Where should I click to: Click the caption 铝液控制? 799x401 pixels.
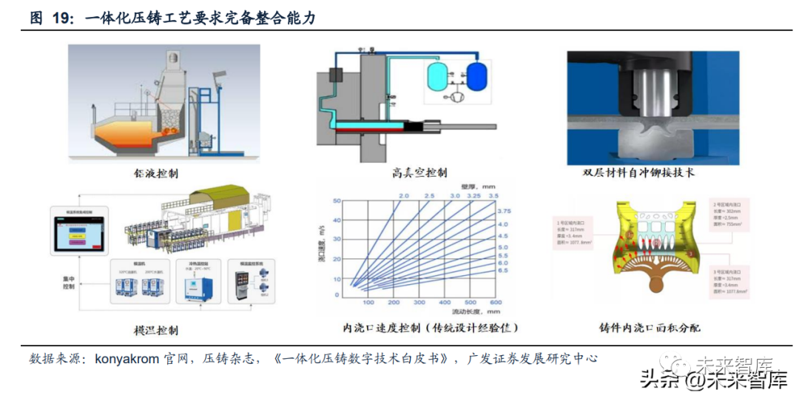pos(154,173)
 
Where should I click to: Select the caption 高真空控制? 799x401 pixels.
pos(419,172)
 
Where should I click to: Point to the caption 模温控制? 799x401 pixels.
pos(154,329)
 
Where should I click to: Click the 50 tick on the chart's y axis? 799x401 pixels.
pos(337,200)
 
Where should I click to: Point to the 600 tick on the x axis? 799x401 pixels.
pos(496,302)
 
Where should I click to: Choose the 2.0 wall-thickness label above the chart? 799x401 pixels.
pos(404,194)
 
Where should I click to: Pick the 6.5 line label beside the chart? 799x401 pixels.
pos(503,271)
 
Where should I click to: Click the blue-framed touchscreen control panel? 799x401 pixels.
pos(80,228)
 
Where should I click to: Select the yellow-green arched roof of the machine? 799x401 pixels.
pos(220,195)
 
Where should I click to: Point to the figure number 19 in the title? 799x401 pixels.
pos(63,18)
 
